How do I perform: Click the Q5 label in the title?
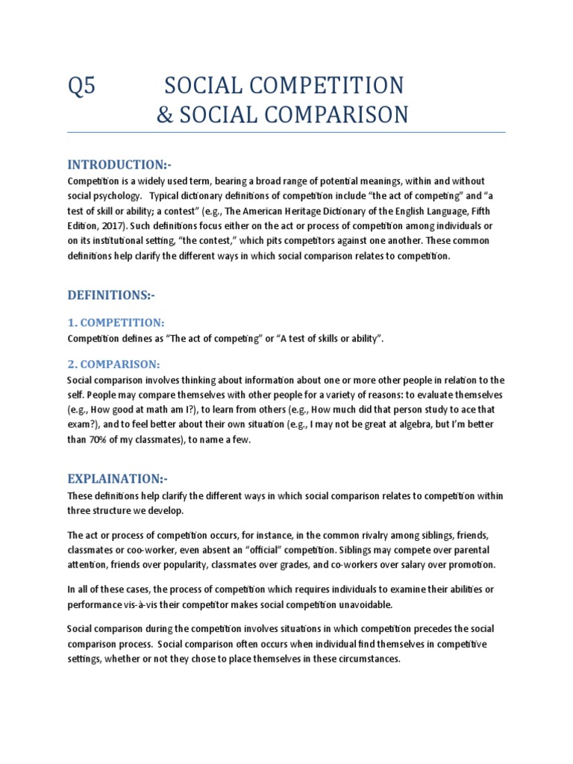(x=81, y=85)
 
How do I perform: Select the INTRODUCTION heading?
(x=119, y=164)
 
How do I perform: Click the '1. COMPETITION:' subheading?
(x=116, y=322)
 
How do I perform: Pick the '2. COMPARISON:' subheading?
(x=113, y=363)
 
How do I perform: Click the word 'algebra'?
(x=428, y=425)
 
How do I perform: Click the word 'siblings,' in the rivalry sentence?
(x=427, y=536)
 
